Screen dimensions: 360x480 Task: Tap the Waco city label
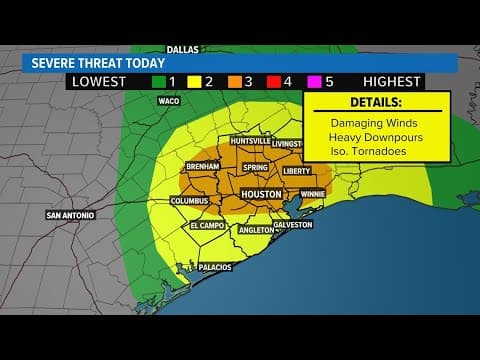(x=168, y=101)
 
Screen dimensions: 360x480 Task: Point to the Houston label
(x=261, y=192)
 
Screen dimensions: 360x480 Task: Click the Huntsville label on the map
(x=249, y=141)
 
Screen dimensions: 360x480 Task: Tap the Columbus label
(x=189, y=201)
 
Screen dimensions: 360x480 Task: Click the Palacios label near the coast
(x=215, y=267)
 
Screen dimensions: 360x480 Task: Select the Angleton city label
(x=256, y=230)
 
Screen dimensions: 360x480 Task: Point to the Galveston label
(x=293, y=225)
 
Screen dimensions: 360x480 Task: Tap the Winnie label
(x=312, y=193)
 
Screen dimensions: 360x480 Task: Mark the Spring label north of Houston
(x=255, y=168)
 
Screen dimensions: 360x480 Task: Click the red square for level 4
(x=287, y=82)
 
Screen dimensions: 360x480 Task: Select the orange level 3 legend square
(x=233, y=82)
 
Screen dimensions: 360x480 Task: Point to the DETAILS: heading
(x=373, y=102)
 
